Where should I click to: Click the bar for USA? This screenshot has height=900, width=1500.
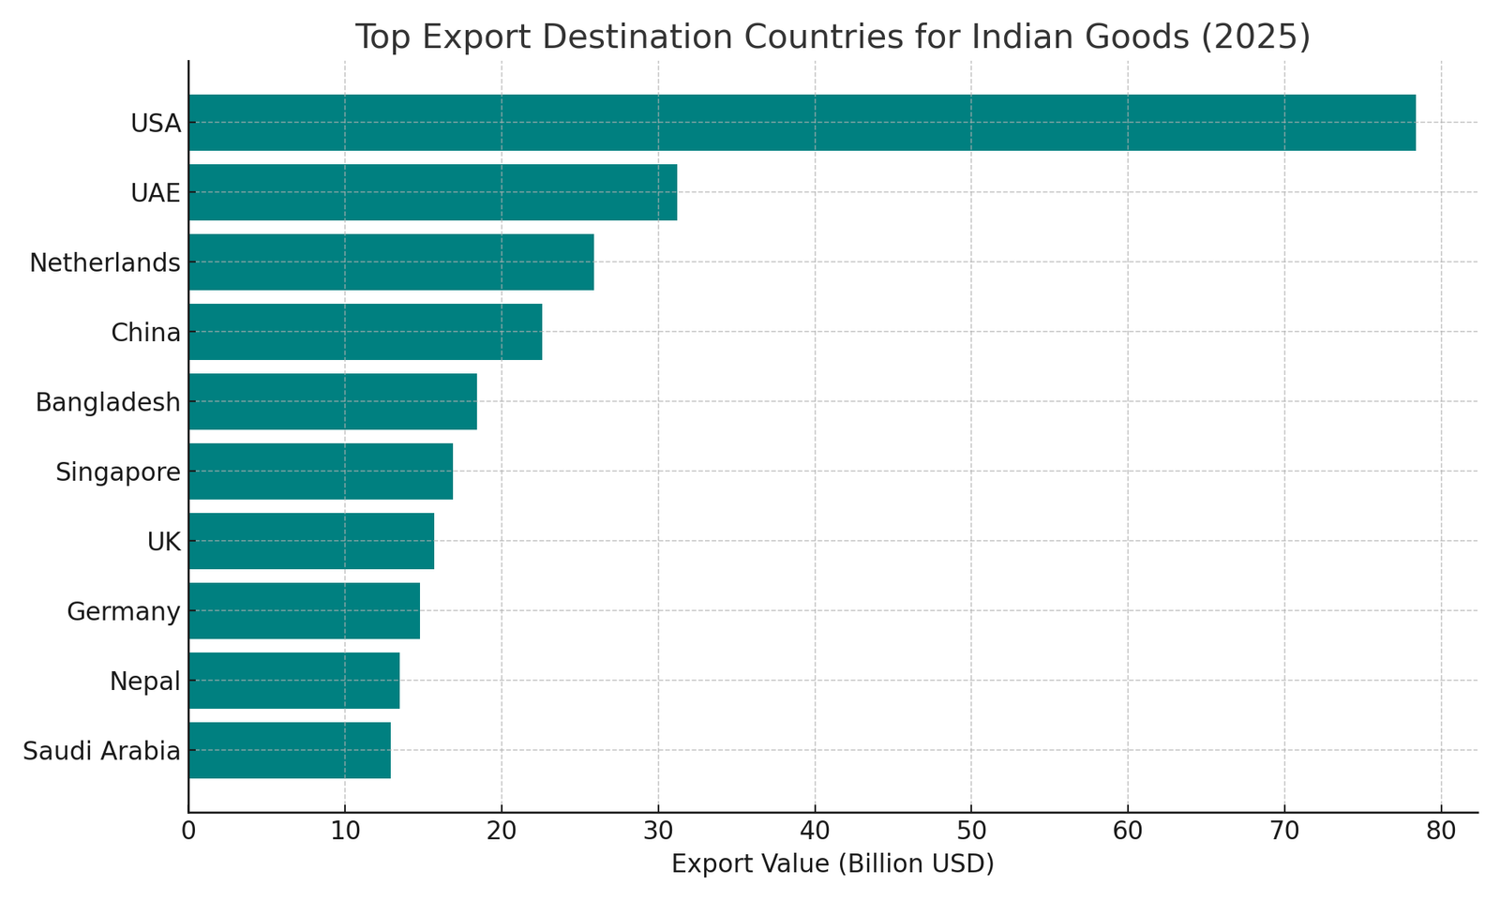pos(802,123)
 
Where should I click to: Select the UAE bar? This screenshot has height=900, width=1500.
pos(432,192)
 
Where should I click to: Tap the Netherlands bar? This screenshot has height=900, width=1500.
pos(391,262)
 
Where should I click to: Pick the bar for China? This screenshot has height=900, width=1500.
pos(365,332)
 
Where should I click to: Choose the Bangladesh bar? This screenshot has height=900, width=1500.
pos(332,401)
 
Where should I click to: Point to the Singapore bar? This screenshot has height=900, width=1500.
pos(321,472)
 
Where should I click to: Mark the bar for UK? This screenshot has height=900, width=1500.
pos(311,541)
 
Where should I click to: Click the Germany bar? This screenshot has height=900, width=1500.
pos(304,610)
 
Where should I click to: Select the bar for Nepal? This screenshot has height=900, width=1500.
pos(293,681)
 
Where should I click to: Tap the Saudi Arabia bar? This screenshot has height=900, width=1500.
pos(289,750)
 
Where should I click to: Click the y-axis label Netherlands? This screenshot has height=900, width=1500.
pos(105,262)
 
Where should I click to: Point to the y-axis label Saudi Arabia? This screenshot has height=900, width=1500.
pos(101,751)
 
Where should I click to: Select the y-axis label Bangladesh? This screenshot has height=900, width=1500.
pos(108,402)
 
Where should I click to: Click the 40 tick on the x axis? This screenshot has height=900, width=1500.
pos(815,831)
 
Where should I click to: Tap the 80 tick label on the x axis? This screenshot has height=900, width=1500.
pos(1441,831)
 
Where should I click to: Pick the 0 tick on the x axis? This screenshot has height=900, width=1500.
pos(188,831)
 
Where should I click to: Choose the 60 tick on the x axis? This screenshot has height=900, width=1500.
pos(1128,831)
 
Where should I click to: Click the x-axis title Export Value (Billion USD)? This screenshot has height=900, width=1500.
pos(832,863)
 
